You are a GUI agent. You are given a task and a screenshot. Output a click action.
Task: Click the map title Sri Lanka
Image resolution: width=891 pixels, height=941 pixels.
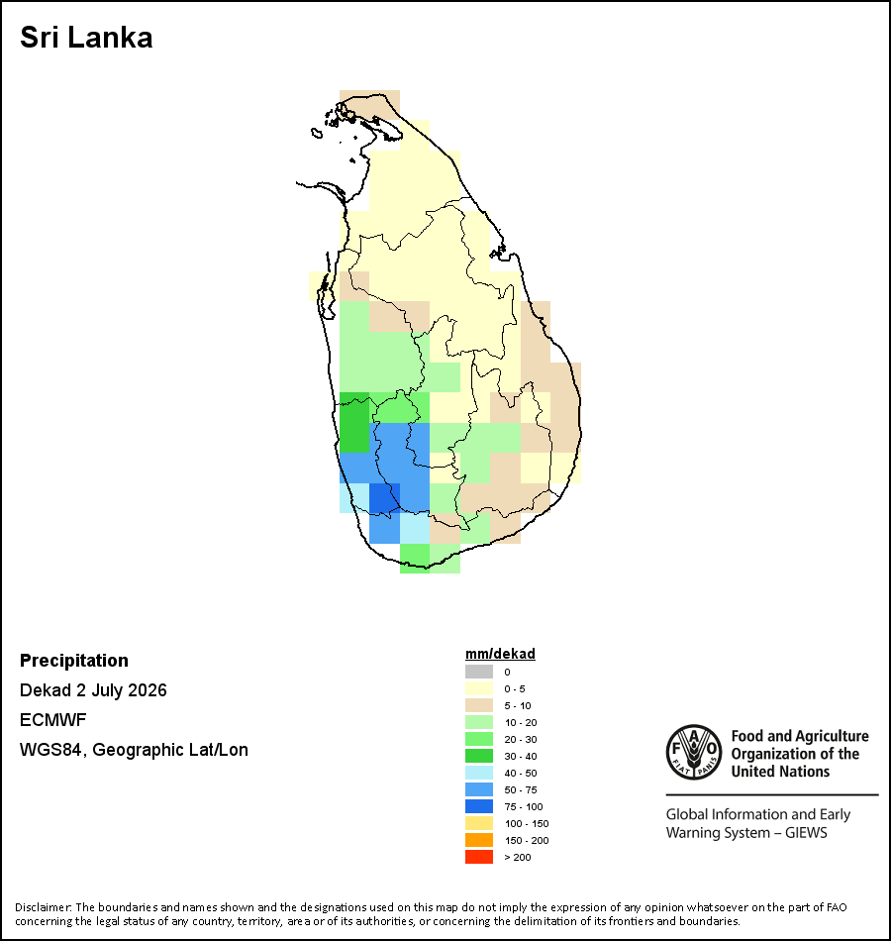pyautogui.click(x=86, y=38)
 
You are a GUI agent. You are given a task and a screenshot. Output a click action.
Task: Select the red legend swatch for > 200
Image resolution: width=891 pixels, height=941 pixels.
pyautogui.click(x=479, y=857)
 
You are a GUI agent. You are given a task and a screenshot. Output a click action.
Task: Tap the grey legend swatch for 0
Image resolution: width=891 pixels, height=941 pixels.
pyautogui.click(x=479, y=672)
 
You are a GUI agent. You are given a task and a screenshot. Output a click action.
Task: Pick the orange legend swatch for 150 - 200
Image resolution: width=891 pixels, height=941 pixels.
pyautogui.click(x=479, y=840)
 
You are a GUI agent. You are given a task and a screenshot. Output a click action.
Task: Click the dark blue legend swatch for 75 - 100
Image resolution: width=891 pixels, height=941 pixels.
pyautogui.click(x=479, y=806)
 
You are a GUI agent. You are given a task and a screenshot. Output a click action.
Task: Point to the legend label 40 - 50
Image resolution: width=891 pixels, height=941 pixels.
pyautogui.click(x=520, y=773)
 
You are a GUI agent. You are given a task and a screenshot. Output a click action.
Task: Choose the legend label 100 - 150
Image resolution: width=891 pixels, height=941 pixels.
pyautogui.click(x=527, y=823)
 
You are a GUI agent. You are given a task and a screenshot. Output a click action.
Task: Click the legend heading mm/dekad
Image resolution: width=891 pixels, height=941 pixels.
pyautogui.click(x=500, y=654)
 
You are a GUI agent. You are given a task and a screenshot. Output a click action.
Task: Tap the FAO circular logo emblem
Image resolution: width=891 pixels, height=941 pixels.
pyautogui.click(x=694, y=752)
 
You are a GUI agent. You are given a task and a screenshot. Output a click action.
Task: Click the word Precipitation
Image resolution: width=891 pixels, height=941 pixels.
pyautogui.click(x=74, y=660)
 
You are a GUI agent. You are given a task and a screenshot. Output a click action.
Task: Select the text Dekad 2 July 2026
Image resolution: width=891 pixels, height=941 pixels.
pyautogui.click(x=93, y=690)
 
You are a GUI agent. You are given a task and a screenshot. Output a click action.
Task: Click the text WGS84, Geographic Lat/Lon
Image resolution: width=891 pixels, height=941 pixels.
pyautogui.click(x=134, y=750)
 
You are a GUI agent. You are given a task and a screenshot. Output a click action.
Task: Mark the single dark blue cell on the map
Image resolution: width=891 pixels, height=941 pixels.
pyautogui.click(x=384, y=498)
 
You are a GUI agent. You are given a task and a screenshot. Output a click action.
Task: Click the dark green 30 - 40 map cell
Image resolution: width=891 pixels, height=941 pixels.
pyautogui.click(x=354, y=422)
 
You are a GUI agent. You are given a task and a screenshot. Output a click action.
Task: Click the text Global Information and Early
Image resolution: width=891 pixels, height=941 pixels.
pyautogui.click(x=757, y=814)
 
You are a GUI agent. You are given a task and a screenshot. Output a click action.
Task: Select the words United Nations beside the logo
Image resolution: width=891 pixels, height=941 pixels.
pyautogui.click(x=780, y=772)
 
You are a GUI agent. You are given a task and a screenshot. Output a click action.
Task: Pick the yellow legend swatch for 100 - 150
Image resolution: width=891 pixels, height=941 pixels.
pyautogui.click(x=479, y=823)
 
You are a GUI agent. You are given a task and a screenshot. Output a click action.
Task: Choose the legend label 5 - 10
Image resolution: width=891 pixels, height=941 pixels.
pyautogui.click(x=517, y=705)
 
